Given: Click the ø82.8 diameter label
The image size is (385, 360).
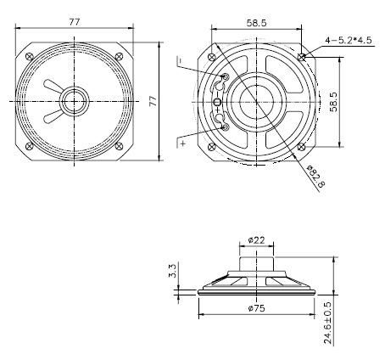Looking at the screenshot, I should point(314,176).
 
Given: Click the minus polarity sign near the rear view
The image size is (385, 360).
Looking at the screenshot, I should point(180,59).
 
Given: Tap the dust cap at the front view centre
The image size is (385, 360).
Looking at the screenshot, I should point(74,100).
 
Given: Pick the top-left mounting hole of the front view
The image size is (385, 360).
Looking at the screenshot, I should point(32,57).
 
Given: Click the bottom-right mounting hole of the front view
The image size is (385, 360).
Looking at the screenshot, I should point(117,143).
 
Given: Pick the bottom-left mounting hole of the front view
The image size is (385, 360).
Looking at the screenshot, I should point(32,143).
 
